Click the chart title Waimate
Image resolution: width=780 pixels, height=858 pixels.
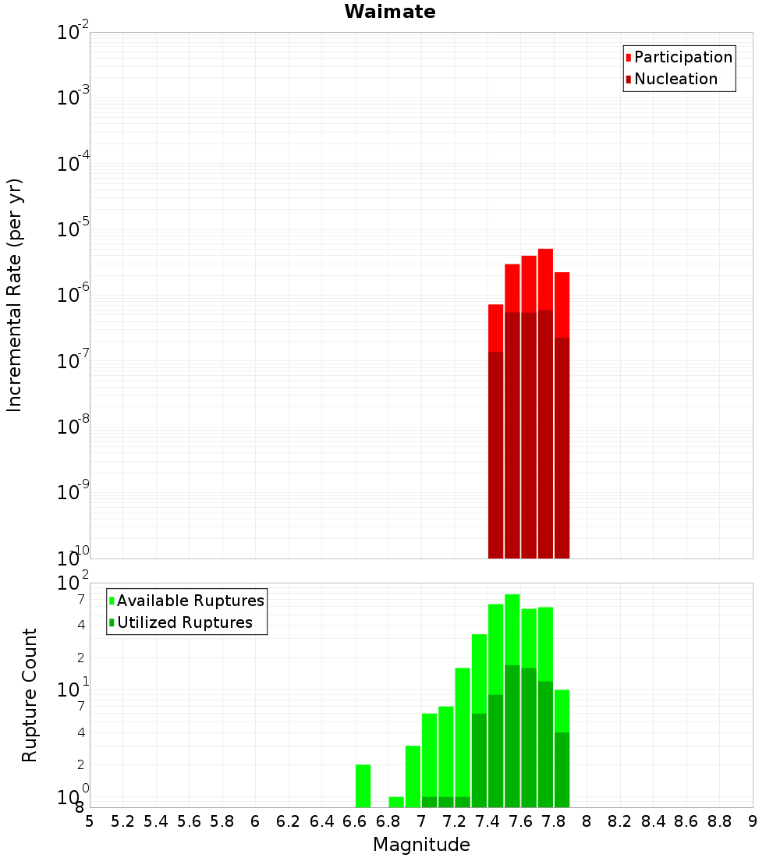click(390, 12)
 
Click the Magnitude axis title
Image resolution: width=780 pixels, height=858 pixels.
click(421, 845)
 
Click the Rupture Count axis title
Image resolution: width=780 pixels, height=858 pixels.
click(30, 695)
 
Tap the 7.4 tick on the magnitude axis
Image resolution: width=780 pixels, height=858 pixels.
click(487, 821)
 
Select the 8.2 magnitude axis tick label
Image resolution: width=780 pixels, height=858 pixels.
click(620, 821)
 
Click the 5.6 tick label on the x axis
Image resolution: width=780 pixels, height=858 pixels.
click(190, 821)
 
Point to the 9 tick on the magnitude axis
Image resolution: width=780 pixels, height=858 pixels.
click(753, 821)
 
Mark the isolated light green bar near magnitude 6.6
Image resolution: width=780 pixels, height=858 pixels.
click(363, 785)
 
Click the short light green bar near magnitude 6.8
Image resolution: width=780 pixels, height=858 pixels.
click(396, 802)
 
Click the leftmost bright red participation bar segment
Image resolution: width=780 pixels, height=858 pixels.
click(495, 328)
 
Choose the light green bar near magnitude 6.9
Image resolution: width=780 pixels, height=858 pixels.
click(413, 776)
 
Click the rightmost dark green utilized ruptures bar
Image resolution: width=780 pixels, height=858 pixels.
click(562, 769)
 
